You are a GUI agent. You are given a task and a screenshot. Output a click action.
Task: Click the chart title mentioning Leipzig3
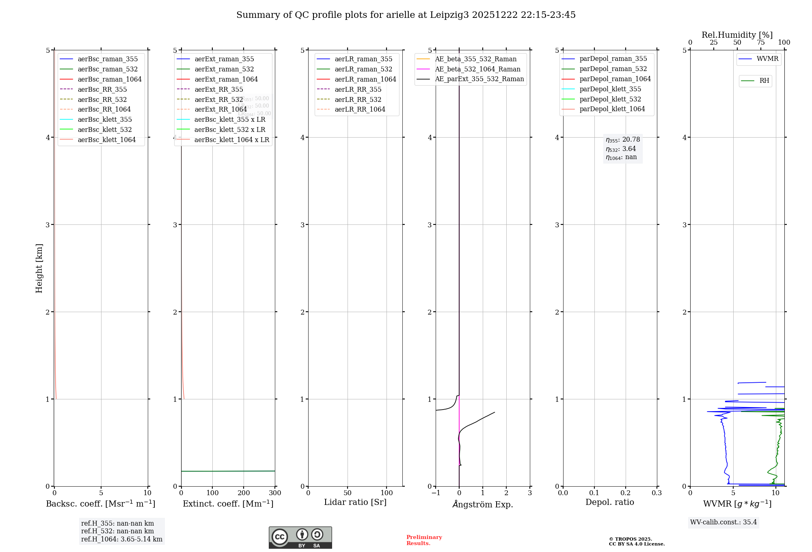406,15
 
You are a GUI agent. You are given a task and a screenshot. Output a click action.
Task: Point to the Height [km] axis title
39,268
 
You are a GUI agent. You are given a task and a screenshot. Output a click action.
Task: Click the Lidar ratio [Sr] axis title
355,502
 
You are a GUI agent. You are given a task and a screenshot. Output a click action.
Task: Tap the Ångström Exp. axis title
483,504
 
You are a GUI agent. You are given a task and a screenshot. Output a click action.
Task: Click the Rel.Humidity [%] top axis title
737,35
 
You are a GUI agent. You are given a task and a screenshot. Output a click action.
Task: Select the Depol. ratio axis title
609,502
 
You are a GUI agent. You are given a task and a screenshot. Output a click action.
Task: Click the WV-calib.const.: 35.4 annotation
723,522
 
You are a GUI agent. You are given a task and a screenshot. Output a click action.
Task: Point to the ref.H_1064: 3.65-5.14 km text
122,539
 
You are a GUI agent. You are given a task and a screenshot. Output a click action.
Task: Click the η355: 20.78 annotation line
623,140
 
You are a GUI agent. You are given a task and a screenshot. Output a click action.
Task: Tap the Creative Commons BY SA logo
300,537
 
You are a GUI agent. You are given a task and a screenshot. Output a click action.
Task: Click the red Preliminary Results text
424,540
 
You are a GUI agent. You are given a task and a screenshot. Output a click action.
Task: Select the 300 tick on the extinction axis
275,493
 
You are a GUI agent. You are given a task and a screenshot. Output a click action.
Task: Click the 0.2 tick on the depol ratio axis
626,493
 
